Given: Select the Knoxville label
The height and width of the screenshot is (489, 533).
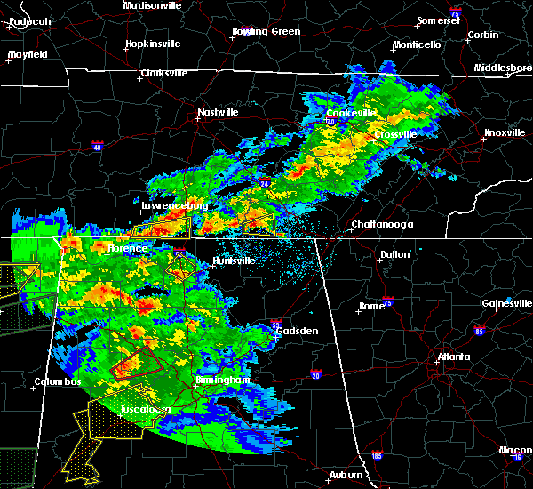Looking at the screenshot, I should [x=503, y=133].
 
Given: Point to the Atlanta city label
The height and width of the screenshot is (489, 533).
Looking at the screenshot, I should [x=454, y=358].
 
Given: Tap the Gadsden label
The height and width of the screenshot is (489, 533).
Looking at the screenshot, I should [x=297, y=331].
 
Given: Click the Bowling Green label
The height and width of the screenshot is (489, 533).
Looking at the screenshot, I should [x=266, y=32].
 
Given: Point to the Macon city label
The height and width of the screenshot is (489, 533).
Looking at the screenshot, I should [x=516, y=451].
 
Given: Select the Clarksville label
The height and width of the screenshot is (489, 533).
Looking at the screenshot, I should [x=164, y=74].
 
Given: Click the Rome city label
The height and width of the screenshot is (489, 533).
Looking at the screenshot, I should [x=371, y=307].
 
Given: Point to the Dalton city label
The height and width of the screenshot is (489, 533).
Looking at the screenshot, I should [x=395, y=255].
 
